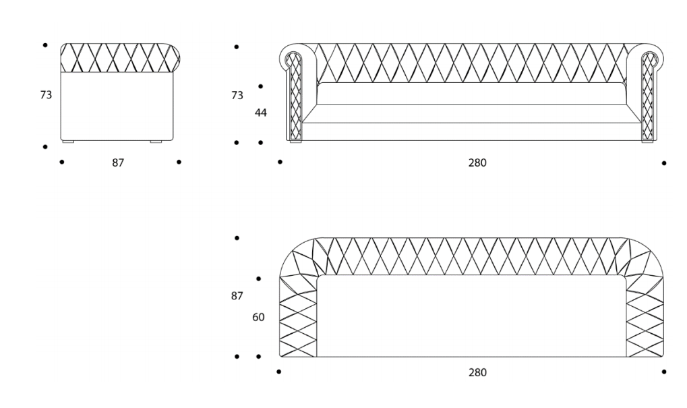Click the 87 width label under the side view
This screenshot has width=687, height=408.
[x=118, y=163]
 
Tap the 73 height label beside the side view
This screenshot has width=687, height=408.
[x=46, y=95]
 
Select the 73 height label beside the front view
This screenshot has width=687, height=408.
[x=237, y=96]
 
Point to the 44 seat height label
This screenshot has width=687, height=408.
[x=260, y=113]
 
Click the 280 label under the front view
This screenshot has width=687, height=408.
[x=477, y=163]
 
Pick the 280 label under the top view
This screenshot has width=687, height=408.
[x=477, y=372]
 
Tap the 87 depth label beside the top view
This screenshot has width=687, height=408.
[x=237, y=295]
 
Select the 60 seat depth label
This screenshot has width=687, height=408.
[x=258, y=317]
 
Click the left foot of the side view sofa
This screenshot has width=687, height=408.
[x=67, y=142]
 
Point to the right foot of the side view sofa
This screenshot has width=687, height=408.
[x=156, y=142]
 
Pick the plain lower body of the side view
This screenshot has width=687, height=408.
[x=117, y=105]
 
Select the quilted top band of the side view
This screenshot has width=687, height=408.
[x=117, y=57]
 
